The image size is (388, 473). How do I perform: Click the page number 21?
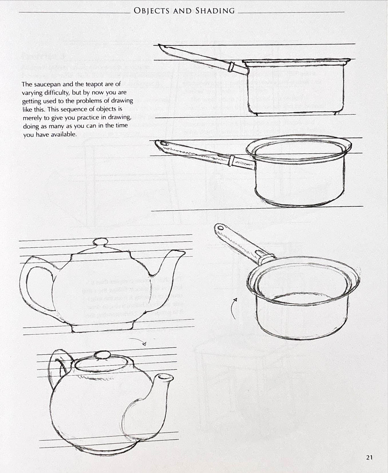tap(369, 457)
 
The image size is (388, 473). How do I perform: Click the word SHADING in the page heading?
tap(215, 11)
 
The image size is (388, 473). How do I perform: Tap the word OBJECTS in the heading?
tap(152, 11)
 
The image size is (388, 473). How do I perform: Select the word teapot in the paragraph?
tap(94, 84)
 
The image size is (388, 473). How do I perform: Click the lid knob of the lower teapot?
tap(102, 355)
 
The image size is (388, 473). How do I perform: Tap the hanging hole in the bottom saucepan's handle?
tap(221, 228)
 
